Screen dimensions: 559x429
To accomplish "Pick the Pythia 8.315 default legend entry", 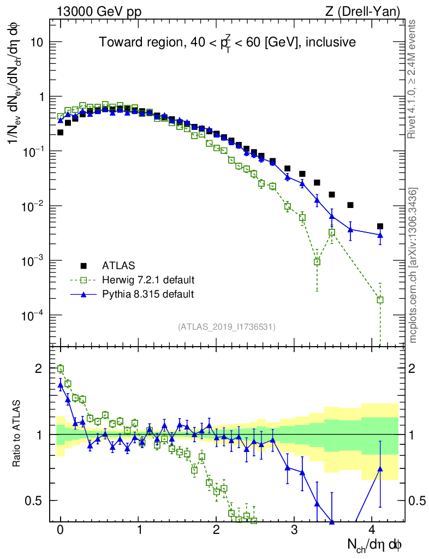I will point(147,294).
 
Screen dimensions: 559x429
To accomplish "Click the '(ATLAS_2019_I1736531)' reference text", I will point(227,327).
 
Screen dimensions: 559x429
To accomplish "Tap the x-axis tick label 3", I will point(294,530).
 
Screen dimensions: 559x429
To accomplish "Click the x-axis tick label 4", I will point(372,530).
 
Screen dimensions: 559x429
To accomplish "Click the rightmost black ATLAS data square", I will point(380,226).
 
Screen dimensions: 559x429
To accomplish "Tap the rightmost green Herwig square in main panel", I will point(380,300).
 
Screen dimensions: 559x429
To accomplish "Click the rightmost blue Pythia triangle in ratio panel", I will point(380,468).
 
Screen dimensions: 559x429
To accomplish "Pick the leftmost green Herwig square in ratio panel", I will point(61,369).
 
